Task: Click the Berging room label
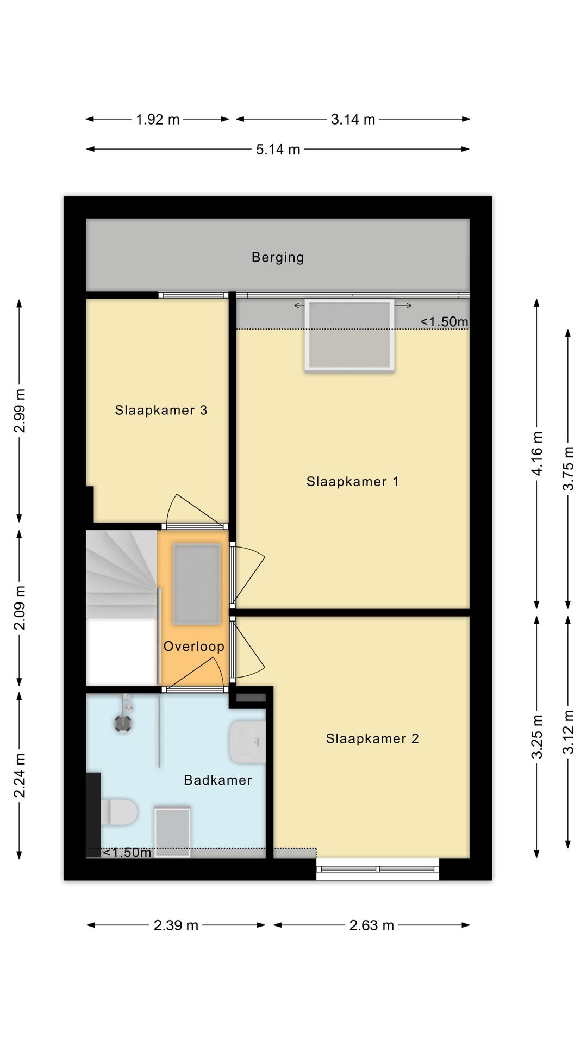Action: click(278, 257)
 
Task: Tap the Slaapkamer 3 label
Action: click(161, 410)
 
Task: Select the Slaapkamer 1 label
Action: click(352, 481)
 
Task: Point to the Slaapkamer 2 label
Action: click(372, 738)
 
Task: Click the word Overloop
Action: click(194, 646)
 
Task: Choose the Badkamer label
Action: click(218, 780)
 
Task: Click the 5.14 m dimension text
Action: click(278, 150)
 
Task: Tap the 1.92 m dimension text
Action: click(158, 120)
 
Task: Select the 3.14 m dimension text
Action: click(353, 120)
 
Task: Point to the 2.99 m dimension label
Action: click(20, 411)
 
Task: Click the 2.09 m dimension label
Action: click(20, 608)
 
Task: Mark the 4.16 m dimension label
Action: click(537, 453)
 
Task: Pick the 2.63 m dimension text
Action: click(372, 925)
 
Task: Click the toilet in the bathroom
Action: click(119, 812)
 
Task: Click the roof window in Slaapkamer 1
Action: click(349, 335)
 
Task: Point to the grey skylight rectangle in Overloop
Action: click(197, 584)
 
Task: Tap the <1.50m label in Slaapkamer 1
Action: click(444, 322)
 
